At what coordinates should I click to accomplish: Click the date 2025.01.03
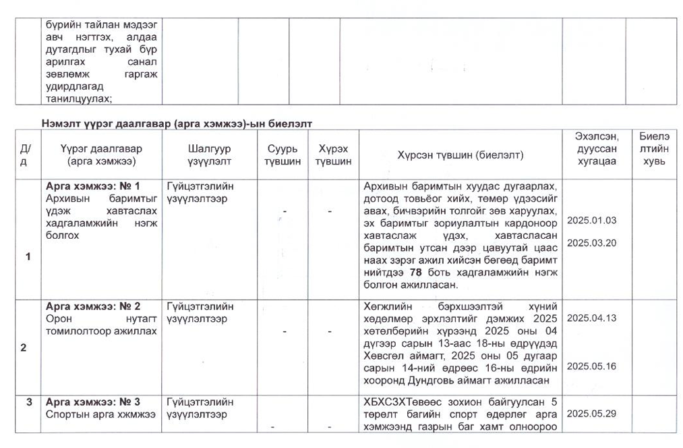tap(591, 221)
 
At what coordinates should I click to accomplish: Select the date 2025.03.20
tap(591, 243)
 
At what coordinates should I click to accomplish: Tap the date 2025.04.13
tap(591, 318)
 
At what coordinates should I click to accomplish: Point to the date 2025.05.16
tap(591, 366)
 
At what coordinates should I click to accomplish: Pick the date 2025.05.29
tap(591, 414)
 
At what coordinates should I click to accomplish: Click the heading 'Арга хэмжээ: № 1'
tap(93, 186)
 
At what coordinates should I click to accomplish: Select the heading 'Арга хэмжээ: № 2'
tap(93, 306)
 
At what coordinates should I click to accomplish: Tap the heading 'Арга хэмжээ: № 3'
tap(93, 402)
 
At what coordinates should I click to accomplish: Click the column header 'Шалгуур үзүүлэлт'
tap(209, 155)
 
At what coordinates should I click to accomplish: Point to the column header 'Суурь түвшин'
tap(283, 155)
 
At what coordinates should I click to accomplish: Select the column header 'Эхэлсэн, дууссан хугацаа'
tap(593, 148)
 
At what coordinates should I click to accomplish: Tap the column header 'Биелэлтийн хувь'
tap(654, 148)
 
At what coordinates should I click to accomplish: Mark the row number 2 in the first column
tap(24, 348)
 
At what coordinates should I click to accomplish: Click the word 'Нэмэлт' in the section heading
tap(59, 123)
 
